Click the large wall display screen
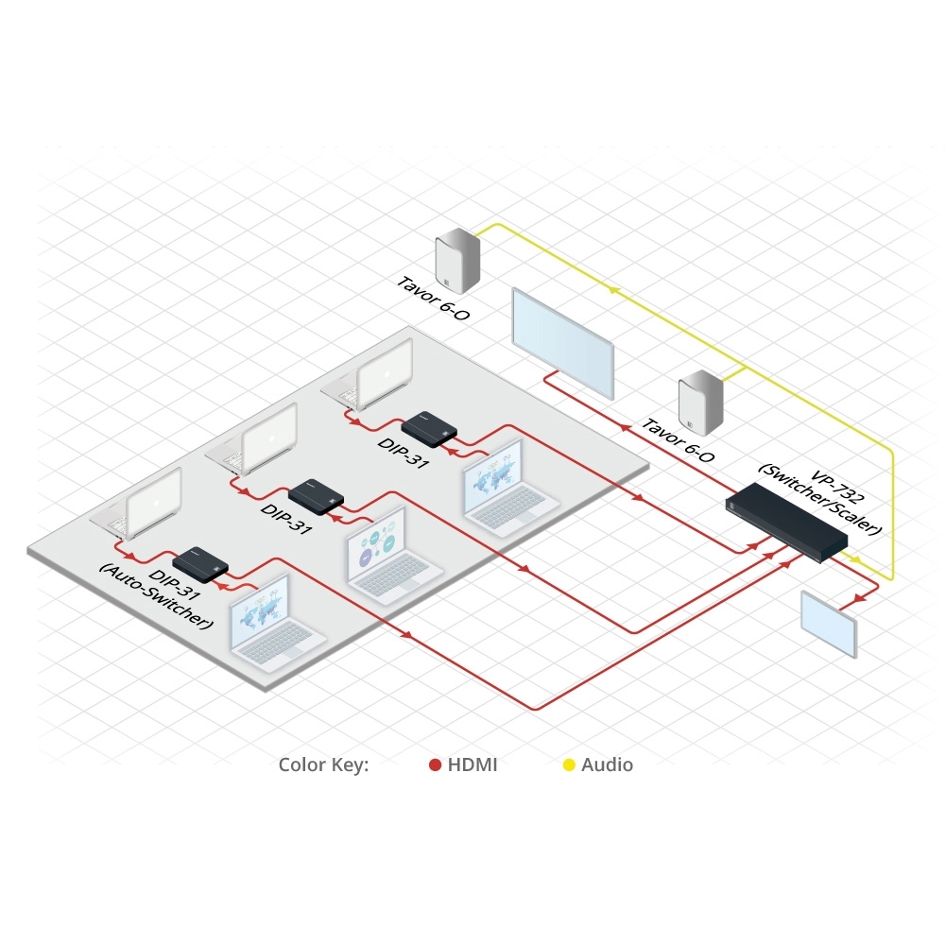(x=562, y=341)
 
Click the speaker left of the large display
(x=458, y=258)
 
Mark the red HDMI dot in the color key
(x=435, y=765)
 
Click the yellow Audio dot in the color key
(x=569, y=765)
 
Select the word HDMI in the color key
(x=472, y=765)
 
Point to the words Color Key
(x=323, y=765)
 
